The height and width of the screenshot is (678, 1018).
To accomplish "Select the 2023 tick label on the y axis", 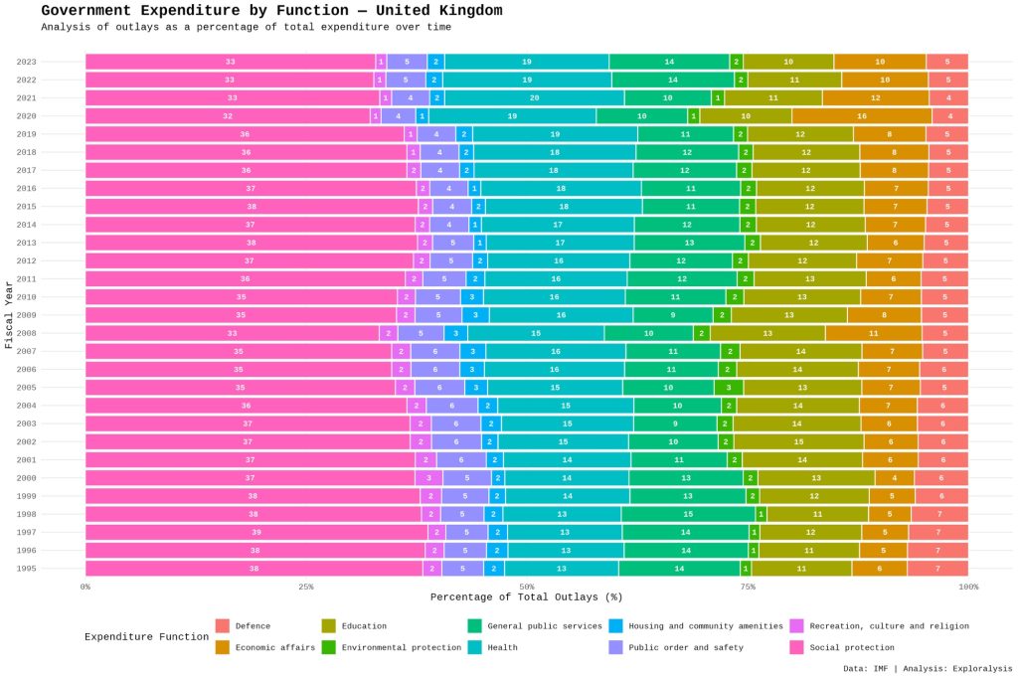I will point(27,62).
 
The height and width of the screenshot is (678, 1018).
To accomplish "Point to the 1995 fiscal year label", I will point(27,569).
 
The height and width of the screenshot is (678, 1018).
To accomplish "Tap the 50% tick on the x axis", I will point(527,587).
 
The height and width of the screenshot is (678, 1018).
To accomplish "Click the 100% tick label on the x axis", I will point(966,587).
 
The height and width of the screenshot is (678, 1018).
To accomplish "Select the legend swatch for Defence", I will point(223,626).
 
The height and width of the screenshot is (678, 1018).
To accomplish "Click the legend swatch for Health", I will point(475,647).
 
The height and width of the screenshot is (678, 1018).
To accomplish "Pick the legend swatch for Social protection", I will point(796,647).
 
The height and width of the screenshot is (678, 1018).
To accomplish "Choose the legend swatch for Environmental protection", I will point(329,647).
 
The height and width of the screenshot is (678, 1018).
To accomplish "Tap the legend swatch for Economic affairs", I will point(223,647).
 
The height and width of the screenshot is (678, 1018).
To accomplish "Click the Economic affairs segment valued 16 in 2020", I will point(861,116).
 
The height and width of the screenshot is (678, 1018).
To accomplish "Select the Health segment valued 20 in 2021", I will point(534,97).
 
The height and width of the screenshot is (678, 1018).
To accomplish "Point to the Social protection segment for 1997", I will point(256,532).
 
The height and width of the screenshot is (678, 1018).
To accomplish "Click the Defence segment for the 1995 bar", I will point(936,569).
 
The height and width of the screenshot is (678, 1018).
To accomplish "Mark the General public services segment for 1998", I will point(687,514).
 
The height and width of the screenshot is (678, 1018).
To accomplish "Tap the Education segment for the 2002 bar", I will point(798,441).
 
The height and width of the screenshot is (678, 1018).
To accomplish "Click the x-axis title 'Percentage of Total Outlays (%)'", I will point(526,597).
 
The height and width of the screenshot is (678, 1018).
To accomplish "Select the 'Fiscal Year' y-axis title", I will point(9,314).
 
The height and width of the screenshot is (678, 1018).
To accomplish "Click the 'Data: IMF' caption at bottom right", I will point(928,668).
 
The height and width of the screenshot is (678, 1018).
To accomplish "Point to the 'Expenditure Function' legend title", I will point(146,637).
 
